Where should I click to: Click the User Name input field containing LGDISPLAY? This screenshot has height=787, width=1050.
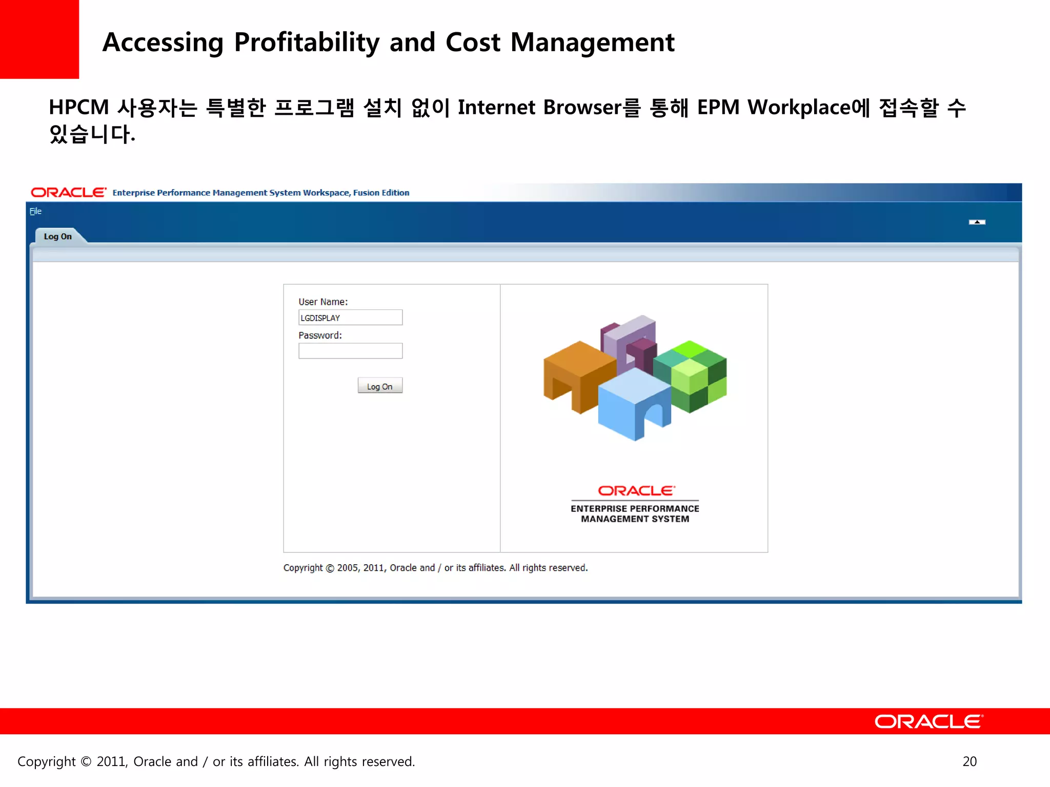pyautogui.click(x=350, y=318)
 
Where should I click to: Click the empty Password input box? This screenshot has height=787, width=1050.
pyautogui.click(x=350, y=351)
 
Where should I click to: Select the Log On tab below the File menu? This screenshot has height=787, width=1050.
pyautogui.click(x=58, y=236)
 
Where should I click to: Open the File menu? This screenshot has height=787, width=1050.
pyautogui.click(x=35, y=211)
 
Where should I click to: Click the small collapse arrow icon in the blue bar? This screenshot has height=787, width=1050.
pyautogui.click(x=977, y=222)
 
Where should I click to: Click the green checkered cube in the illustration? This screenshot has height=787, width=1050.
pyautogui.click(x=692, y=377)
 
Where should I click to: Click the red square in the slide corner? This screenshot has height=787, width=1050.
pyautogui.click(x=39, y=39)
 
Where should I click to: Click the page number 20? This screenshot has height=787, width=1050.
pyautogui.click(x=970, y=761)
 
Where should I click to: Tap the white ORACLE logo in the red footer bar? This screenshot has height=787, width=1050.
pyautogui.click(x=928, y=721)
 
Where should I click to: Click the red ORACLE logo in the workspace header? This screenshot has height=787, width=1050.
pyautogui.click(x=69, y=193)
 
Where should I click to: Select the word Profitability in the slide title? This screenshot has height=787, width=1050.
pyautogui.click(x=307, y=43)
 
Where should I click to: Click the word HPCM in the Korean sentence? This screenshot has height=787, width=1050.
pyautogui.click(x=79, y=108)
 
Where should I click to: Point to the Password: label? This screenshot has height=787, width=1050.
pyautogui.click(x=320, y=336)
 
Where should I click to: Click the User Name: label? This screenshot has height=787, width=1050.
pyautogui.click(x=323, y=302)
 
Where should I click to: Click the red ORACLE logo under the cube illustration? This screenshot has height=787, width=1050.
pyautogui.click(x=636, y=491)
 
